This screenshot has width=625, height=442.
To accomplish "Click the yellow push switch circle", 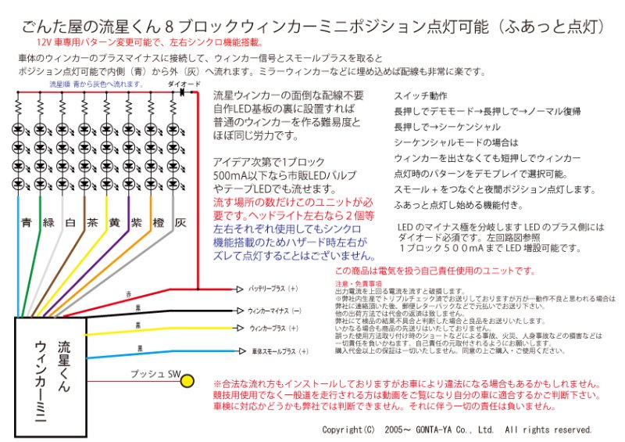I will tap(187, 381).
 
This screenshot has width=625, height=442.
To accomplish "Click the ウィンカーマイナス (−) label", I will tap(274, 310).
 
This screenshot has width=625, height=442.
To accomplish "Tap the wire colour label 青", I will tap(27, 222).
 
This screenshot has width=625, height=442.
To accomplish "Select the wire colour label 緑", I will tap(48, 222).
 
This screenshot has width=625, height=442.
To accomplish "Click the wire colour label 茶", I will tap(92, 222).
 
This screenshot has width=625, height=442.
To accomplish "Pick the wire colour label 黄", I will tap(114, 222).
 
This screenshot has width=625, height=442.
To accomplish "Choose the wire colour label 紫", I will tap(136, 222).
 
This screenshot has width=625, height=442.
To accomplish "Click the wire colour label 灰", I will tap(180, 222).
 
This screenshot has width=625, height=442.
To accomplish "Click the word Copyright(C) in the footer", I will tap(348, 430).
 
